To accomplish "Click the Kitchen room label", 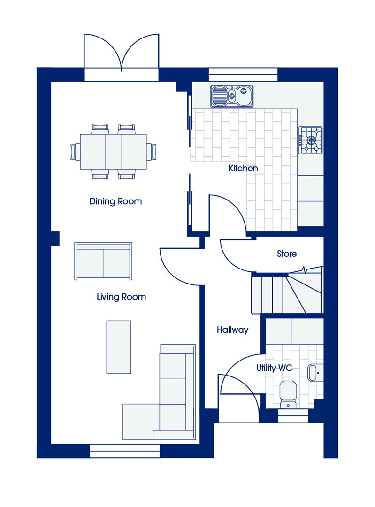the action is point(243,168).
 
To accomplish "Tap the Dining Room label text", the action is point(115,201).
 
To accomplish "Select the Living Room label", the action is point(121,297).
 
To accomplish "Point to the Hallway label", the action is point(232,330).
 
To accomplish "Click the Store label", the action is point(287,254).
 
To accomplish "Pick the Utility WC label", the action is point(274,368).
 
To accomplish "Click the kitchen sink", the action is point(232,96).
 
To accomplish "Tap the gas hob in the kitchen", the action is point(311,140).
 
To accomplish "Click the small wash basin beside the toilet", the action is point(315,373).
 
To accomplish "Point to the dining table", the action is point(113,152).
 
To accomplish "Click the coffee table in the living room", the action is point(119,347).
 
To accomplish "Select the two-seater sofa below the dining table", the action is point(103,261).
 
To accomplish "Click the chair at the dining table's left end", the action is point(75,152).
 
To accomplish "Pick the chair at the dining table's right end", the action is point(151,152).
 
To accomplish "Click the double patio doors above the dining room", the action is point(121,57).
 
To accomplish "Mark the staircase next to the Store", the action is point(287,292).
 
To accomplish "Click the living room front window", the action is point(124,451).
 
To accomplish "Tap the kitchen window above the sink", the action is point(243,74).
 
